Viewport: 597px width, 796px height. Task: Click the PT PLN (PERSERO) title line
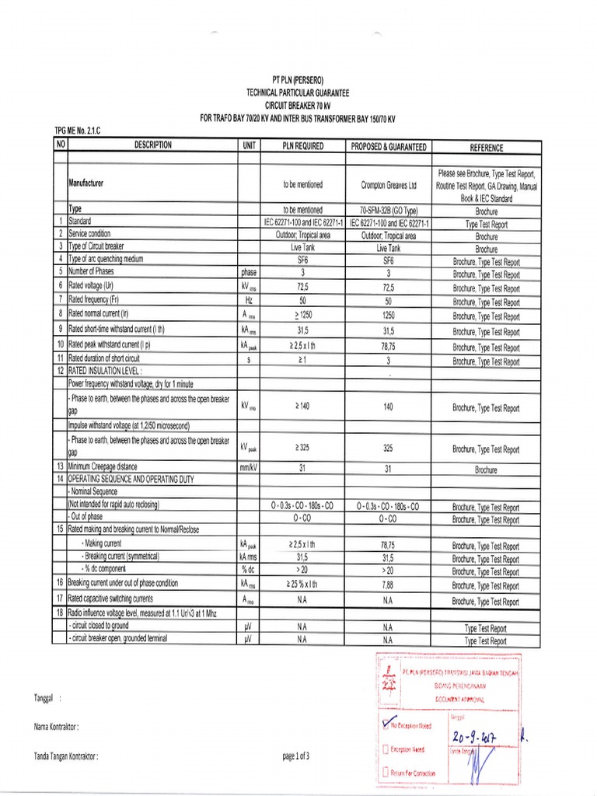coord(298,80)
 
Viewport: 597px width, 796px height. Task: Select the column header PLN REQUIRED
coord(302,146)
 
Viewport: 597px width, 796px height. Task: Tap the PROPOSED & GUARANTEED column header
coord(389,146)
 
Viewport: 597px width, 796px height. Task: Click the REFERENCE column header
coord(487,147)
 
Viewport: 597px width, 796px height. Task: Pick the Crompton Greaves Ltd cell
coord(389,185)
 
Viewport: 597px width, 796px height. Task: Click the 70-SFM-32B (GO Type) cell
coord(389,210)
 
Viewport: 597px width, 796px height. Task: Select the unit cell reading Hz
coord(250,301)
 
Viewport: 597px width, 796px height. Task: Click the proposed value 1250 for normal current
coord(389,315)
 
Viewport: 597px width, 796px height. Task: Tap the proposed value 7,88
coord(389,585)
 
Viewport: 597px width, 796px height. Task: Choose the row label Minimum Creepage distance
coord(103,466)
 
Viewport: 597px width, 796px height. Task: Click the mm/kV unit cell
coord(250,467)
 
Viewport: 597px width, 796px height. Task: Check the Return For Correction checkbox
coord(386,773)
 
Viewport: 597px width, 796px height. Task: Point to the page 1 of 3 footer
coord(296,756)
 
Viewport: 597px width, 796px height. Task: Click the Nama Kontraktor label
coord(57,727)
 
